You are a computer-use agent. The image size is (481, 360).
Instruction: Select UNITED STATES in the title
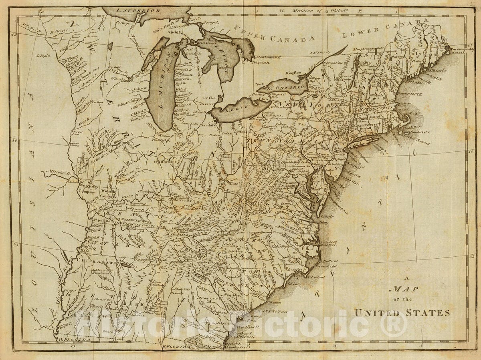[x=402, y=313]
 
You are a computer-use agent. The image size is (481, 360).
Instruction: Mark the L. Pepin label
[x=43, y=56]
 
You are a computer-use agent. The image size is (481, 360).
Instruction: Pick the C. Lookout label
[x=316, y=277]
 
